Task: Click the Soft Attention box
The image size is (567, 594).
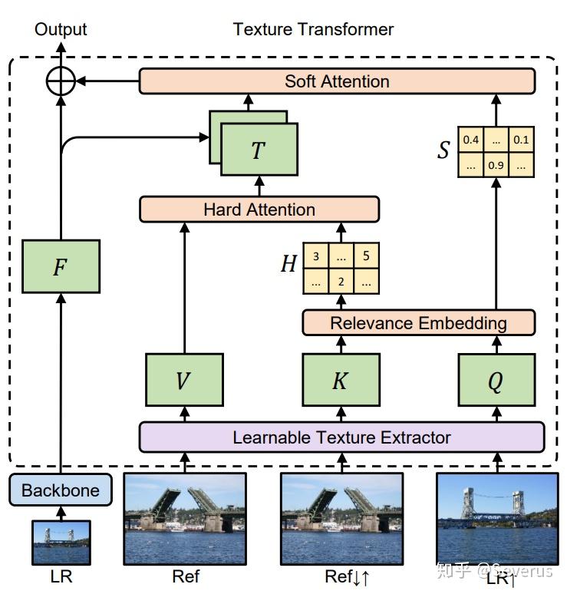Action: (x=337, y=81)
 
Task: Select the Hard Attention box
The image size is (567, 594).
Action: (x=259, y=210)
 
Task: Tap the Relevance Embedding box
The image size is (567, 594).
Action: (x=418, y=322)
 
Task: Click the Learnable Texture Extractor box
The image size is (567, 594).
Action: (x=341, y=437)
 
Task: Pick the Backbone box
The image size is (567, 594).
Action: (x=60, y=490)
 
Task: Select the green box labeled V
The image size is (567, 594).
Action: (x=183, y=380)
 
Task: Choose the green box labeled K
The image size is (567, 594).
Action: (x=341, y=380)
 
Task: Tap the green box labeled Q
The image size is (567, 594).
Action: (x=496, y=380)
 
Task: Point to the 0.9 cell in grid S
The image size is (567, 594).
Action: (x=495, y=165)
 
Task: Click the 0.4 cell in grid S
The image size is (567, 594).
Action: (x=470, y=140)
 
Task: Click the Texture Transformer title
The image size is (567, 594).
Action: (x=313, y=30)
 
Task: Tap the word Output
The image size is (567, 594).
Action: (x=61, y=30)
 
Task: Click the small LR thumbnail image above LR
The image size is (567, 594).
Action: (x=61, y=543)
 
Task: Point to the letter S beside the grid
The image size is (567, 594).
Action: (x=443, y=151)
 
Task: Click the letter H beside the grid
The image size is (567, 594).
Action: (x=288, y=266)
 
